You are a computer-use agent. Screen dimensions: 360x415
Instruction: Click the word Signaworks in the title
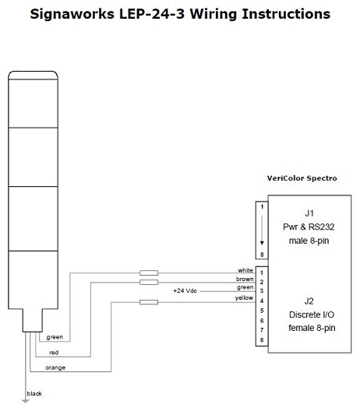[72, 14]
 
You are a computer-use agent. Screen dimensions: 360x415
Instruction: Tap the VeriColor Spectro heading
[302, 178]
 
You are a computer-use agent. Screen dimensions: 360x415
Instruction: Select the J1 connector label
[309, 213]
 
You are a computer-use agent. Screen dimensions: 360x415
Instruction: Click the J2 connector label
[309, 301]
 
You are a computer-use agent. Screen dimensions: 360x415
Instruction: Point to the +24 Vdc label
[185, 290]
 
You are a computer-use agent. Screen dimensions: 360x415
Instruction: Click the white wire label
[245, 270]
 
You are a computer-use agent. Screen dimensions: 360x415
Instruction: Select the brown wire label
[245, 279]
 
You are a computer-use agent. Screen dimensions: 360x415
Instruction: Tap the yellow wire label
[244, 297]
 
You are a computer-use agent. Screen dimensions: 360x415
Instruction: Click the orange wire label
[55, 368]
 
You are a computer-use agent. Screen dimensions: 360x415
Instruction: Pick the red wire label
[54, 353]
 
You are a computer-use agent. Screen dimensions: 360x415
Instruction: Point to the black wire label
[34, 393]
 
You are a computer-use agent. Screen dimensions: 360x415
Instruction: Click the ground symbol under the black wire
[26, 401]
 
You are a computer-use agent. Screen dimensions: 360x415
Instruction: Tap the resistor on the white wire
[149, 273]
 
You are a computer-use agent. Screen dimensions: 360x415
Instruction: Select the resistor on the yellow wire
[149, 302]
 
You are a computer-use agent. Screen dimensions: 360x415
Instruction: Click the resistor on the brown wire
[149, 283]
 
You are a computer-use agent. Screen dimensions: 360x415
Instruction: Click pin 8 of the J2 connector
[262, 339]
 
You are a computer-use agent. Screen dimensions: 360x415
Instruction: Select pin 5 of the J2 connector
[262, 311]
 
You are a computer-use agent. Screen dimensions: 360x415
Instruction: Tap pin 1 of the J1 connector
[262, 206]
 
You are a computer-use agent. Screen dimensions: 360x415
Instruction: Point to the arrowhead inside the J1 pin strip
[262, 243]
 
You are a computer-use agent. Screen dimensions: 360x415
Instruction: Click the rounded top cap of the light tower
[33, 75]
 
